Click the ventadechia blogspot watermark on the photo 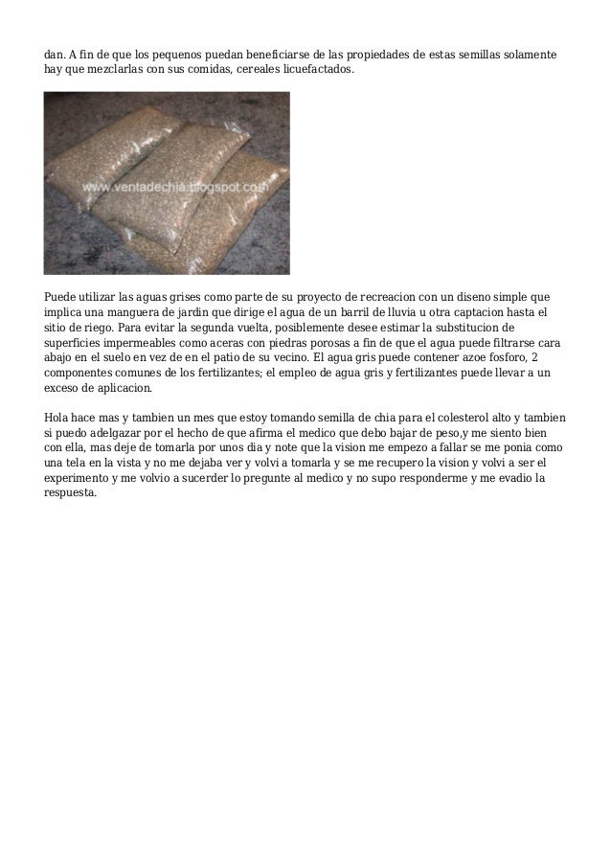(172, 189)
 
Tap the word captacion (499, 312)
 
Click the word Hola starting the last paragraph (58, 418)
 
